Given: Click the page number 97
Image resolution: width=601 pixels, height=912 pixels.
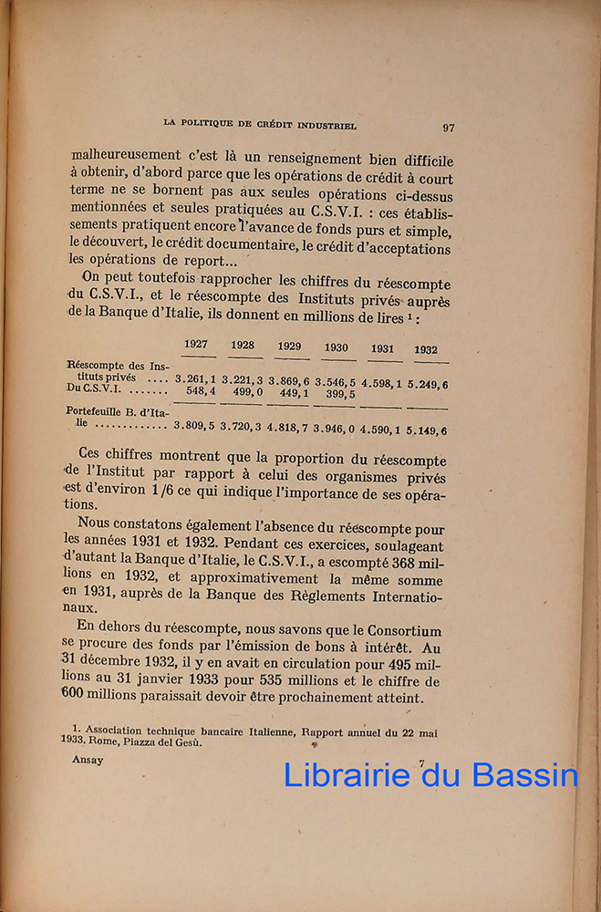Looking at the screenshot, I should click(x=448, y=128).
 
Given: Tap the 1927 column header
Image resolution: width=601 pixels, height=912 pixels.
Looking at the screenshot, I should click(x=196, y=344).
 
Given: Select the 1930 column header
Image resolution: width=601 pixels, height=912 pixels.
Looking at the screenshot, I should click(x=336, y=347).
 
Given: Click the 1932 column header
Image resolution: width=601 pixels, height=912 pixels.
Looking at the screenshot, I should click(x=425, y=349).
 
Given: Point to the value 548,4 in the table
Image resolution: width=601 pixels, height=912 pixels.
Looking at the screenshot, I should click(x=201, y=391).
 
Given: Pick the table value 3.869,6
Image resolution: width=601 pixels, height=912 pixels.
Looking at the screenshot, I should click(x=290, y=380).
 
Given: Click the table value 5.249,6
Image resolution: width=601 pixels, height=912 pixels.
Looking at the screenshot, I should click(x=427, y=386).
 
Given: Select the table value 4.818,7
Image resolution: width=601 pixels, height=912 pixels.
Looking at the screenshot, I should click(x=289, y=426).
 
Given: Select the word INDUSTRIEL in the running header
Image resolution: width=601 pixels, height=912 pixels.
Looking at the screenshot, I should click(x=327, y=125).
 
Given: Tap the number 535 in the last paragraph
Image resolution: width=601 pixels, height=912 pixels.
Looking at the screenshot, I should click(x=253, y=681).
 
